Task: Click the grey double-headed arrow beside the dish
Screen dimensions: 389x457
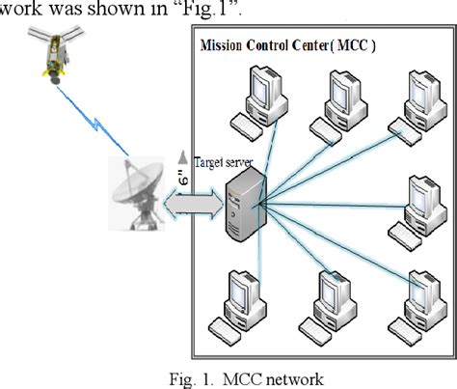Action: click(192, 206)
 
